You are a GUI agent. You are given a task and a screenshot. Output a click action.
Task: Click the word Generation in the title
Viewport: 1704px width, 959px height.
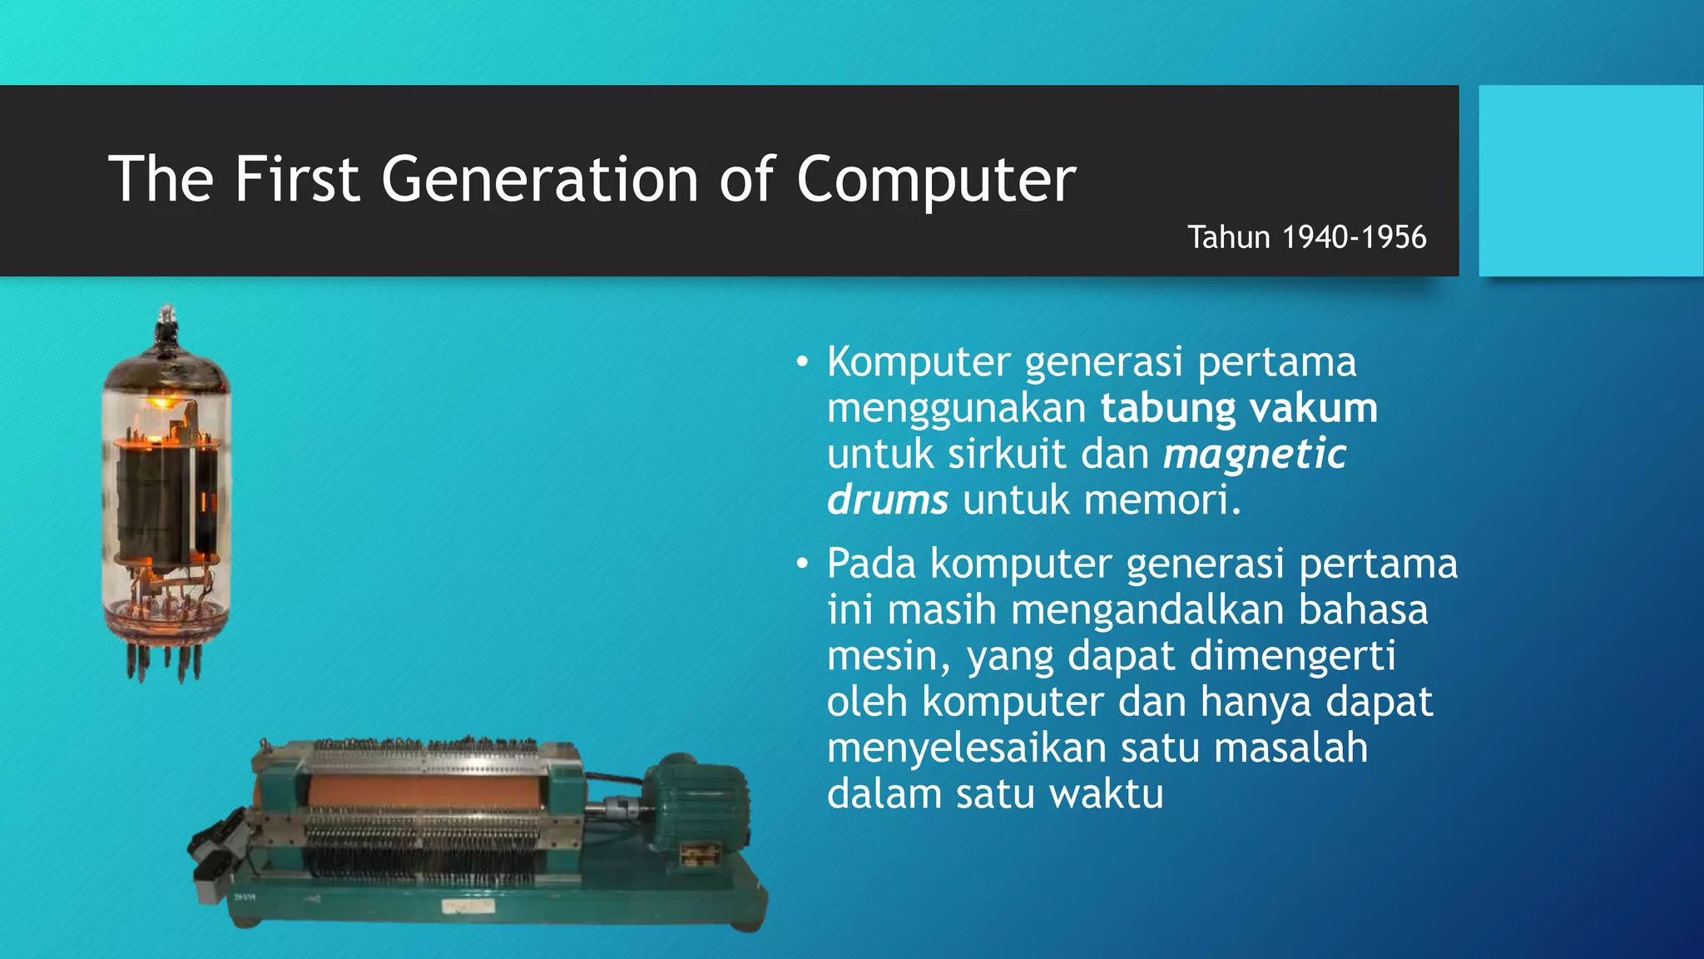[540, 179]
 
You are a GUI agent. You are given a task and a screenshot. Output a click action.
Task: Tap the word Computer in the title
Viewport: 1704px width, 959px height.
[936, 179]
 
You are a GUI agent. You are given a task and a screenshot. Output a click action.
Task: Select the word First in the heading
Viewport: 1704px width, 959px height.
[296, 179]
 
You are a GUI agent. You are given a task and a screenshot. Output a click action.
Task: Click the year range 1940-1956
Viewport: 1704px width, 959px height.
[1354, 237]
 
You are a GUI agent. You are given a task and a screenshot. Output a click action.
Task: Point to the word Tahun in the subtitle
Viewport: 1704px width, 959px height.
[1228, 237]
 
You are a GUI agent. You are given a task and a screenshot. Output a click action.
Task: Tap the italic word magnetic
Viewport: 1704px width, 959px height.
[1255, 454]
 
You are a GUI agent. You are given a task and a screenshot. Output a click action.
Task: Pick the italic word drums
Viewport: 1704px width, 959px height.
[887, 499]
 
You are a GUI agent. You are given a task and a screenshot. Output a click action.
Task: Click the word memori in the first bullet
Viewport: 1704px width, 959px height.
[1162, 499]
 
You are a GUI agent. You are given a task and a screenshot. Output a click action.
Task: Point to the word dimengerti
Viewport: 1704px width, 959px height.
[1292, 655]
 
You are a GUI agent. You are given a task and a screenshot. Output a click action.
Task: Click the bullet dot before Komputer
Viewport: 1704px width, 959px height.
[801, 362]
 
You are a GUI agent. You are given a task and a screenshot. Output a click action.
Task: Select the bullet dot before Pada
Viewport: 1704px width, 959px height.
[801, 564]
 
